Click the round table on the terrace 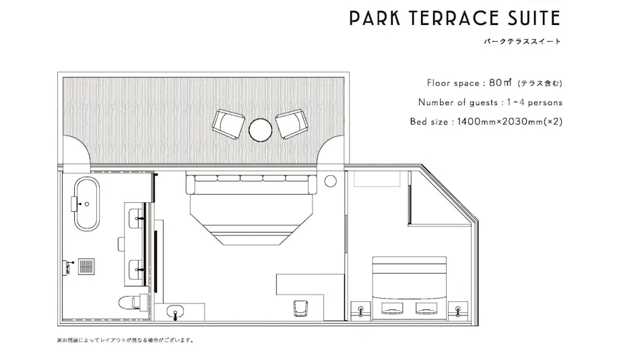(260, 130)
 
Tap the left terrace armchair (228, 124)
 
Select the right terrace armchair (292, 123)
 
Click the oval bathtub (86, 204)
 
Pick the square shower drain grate (86, 266)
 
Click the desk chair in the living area (300, 309)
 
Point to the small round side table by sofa (330, 181)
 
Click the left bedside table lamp (361, 311)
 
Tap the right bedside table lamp (457, 311)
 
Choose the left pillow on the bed (392, 309)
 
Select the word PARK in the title (375, 18)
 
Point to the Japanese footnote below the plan (125, 340)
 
